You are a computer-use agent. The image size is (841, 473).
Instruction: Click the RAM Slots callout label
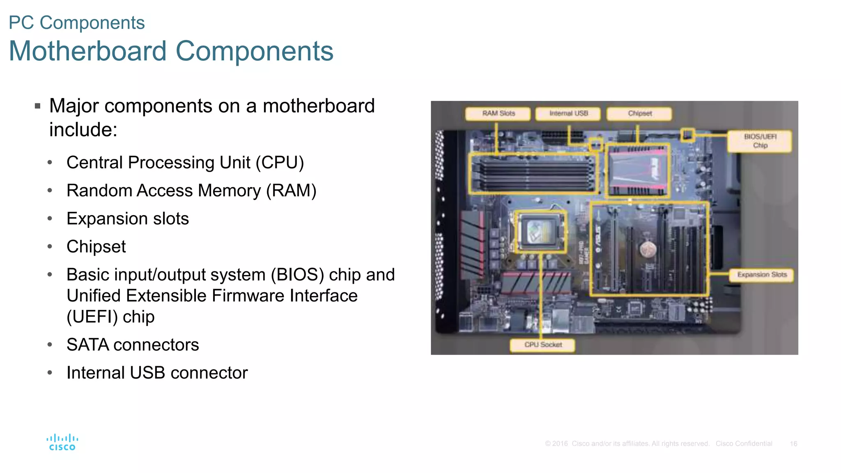[498, 113]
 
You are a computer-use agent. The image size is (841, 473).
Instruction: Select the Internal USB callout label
[568, 113]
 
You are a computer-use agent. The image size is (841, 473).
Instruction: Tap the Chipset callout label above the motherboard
[639, 113]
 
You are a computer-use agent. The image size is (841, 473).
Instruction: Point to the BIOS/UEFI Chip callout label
[760, 141]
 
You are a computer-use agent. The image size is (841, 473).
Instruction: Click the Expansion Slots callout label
[762, 275]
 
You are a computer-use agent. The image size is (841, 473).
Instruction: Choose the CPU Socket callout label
[542, 345]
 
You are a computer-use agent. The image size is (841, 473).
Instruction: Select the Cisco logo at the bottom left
[62, 442]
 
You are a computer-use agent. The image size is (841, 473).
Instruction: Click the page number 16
[793, 444]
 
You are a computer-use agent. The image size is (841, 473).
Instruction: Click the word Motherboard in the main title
[87, 51]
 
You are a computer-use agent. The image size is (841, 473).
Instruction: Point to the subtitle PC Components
[77, 23]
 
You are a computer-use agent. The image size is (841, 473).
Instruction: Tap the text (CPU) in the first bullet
[280, 163]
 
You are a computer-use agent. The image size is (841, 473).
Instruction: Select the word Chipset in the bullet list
[96, 247]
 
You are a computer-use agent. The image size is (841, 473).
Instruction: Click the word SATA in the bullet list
[87, 345]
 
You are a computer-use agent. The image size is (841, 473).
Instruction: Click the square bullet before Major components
[38, 106]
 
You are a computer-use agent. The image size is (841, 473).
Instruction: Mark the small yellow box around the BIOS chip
[687, 135]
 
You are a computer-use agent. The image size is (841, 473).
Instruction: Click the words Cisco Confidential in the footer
[744, 444]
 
